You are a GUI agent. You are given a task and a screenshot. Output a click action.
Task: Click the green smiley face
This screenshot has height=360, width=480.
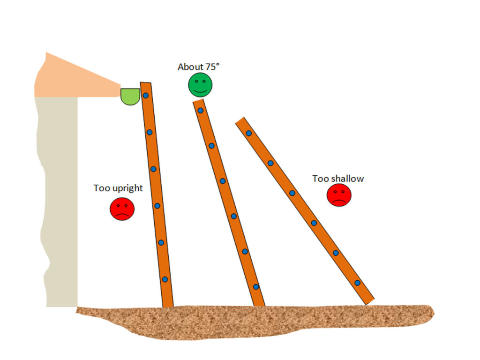pos(200,85)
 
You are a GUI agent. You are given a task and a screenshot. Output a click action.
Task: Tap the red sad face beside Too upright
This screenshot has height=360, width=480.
pos(122,209)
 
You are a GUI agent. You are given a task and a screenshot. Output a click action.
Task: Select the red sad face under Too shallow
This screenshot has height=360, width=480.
pos(339,195)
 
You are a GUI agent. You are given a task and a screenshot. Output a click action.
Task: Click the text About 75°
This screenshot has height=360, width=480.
pos(198,67)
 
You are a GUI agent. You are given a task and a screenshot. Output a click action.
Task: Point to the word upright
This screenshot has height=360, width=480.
pos(128,188)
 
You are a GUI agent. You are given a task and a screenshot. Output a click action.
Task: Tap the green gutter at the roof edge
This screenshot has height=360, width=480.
pos(130,97)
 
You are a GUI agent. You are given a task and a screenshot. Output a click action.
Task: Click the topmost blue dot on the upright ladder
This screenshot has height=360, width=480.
pos(146,96)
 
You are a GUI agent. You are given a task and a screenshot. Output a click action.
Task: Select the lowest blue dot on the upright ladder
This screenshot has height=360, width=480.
pos(165,279)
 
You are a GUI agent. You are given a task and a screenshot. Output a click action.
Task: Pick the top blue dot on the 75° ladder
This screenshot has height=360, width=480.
pos(201,111)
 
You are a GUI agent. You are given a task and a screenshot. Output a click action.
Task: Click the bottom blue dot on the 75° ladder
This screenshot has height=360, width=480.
pos(256,287)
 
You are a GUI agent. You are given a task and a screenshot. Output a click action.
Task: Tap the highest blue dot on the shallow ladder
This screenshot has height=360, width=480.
pos(249,133)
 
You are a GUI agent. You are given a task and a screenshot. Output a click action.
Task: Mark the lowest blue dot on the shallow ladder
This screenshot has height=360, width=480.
pos(357,283)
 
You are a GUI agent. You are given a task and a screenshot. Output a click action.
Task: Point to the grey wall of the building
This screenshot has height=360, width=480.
pos(58,202)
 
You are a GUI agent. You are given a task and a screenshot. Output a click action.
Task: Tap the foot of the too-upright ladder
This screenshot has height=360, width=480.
pos(168,306)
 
